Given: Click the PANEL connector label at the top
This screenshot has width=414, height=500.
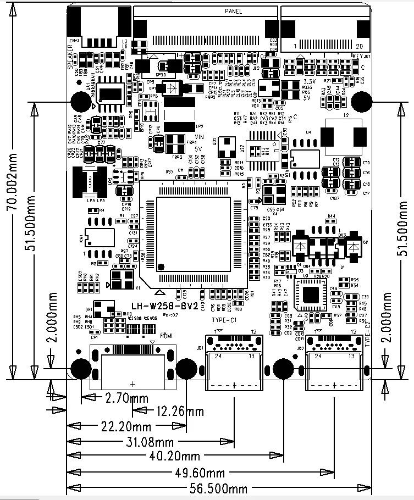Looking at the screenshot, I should [234, 11].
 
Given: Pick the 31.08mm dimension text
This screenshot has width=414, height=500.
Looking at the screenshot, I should [149, 441].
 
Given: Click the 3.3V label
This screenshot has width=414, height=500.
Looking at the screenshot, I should [309, 81].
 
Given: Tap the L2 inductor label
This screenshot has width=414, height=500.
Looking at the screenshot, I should [345, 116].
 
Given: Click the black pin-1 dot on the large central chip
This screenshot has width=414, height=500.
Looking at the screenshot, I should [161, 266].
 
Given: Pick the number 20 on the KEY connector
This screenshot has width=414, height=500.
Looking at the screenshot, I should [360, 45].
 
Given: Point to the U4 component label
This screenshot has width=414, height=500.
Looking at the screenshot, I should [308, 132].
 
